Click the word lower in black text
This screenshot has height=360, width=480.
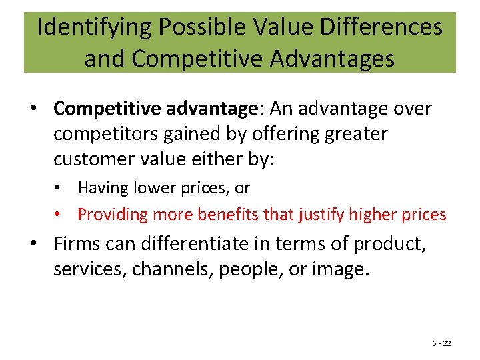(x=151, y=188)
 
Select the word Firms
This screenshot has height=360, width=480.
(x=77, y=245)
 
